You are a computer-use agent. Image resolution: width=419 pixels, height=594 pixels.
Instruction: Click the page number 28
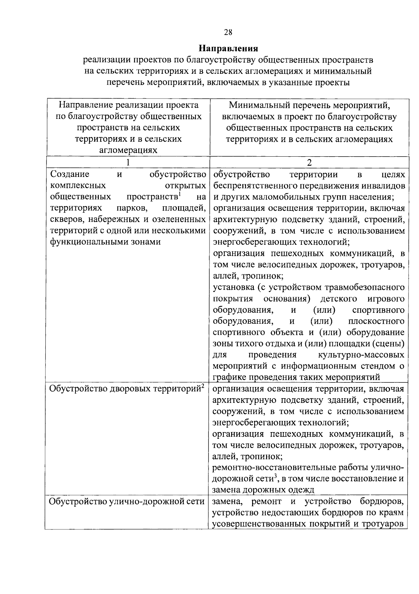[x=228, y=33]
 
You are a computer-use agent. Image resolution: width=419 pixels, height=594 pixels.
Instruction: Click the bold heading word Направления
[x=228, y=48]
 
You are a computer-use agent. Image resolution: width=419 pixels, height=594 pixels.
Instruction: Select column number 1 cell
[x=128, y=162]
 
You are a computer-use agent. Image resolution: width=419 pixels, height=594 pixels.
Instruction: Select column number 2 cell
[x=309, y=162]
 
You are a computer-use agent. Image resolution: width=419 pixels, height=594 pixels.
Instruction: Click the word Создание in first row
[x=70, y=174]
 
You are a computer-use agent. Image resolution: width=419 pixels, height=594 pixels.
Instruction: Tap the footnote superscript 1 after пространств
[x=179, y=194]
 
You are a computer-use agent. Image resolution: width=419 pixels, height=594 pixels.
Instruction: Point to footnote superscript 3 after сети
[x=275, y=475]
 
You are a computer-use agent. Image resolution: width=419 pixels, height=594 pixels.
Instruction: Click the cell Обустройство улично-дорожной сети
[x=126, y=502]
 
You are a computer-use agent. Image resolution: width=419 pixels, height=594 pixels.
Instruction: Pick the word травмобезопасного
[x=365, y=287]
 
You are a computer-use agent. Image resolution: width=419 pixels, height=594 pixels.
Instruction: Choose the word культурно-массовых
[x=361, y=355]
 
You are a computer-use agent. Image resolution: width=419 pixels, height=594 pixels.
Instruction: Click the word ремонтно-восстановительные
[x=272, y=468]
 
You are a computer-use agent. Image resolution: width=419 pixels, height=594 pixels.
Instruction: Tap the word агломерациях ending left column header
[x=128, y=150]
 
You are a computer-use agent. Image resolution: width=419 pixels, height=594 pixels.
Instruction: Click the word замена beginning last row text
[x=227, y=502]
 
